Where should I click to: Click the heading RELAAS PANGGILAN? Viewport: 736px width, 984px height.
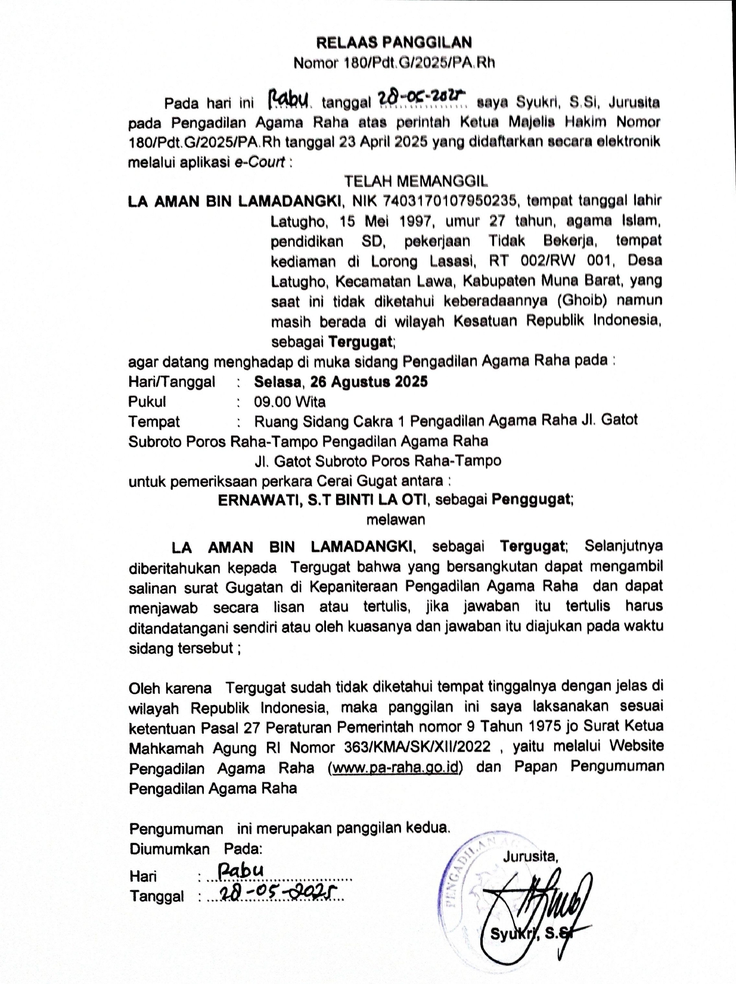click(393, 42)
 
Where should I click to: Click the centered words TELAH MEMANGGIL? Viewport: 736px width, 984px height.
click(415, 181)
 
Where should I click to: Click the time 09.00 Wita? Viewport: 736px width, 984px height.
click(290, 402)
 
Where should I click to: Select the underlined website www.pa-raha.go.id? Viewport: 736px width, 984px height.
click(395, 767)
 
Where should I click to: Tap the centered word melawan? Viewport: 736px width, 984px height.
click(395, 519)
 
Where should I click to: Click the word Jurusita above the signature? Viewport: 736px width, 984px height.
click(530, 857)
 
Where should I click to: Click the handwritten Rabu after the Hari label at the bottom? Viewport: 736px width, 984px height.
click(240, 871)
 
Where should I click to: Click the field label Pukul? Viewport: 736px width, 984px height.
click(147, 402)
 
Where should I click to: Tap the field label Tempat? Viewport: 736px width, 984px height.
click(154, 422)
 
